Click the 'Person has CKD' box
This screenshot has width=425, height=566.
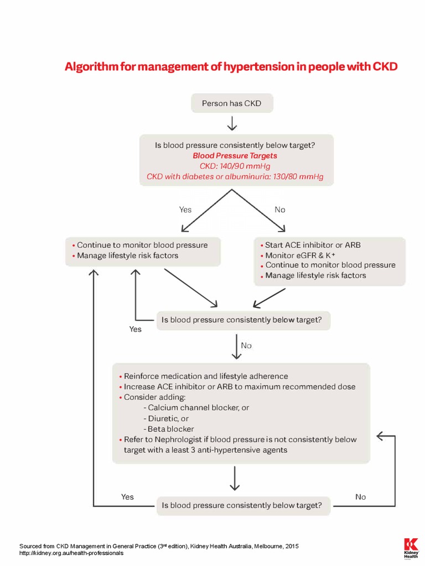coord(231,103)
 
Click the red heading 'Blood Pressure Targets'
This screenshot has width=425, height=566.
coord(235,156)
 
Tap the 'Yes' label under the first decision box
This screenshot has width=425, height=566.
coord(185,209)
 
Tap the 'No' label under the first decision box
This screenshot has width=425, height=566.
coord(280,209)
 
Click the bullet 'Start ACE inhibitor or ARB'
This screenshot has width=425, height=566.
coord(313,244)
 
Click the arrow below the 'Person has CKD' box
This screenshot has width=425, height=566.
coord(231,123)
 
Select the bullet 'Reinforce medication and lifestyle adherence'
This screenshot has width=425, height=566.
coord(205,376)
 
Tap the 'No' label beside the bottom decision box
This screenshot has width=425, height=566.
coord(360,497)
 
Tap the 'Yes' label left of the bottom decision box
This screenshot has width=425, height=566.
coord(127,497)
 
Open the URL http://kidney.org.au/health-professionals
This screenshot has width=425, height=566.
coord(71,553)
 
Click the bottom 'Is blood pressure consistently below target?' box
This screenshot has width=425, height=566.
coord(243,505)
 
